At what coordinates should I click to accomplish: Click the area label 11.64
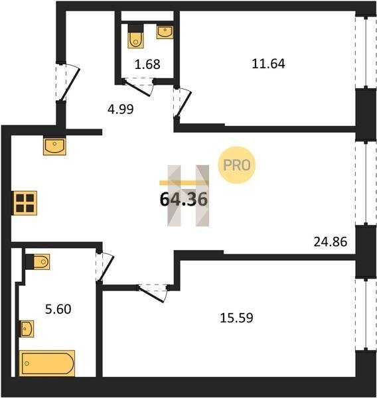(x=268, y=64)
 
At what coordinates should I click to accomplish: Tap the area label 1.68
(x=147, y=64)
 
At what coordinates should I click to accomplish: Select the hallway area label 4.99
(x=120, y=109)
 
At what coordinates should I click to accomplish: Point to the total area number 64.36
(x=184, y=199)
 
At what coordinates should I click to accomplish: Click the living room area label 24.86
(x=331, y=241)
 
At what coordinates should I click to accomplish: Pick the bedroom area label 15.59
(x=236, y=318)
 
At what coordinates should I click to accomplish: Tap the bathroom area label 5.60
(x=58, y=309)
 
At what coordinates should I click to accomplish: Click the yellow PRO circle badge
(x=236, y=165)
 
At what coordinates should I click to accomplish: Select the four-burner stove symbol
(x=25, y=203)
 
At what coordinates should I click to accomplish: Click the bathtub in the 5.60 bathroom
(x=47, y=364)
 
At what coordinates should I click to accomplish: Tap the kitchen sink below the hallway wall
(x=54, y=147)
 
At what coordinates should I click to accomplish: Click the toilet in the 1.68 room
(x=136, y=36)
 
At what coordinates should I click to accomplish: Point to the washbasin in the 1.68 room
(x=165, y=33)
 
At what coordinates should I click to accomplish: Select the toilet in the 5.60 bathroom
(x=38, y=262)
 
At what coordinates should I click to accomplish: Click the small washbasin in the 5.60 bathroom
(x=27, y=329)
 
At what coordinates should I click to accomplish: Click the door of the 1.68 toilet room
(x=137, y=87)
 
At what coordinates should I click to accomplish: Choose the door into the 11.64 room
(x=183, y=102)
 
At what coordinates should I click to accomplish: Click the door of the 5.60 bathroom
(x=105, y=266)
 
